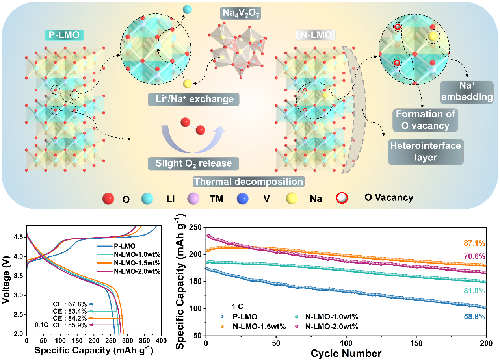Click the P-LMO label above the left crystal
click(67, 35)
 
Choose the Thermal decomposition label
click(249, 182)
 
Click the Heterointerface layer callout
click(425, 151)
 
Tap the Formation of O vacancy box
click(425, 120)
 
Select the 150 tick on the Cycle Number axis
click(416, 340)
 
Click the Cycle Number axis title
click(346, 353)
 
